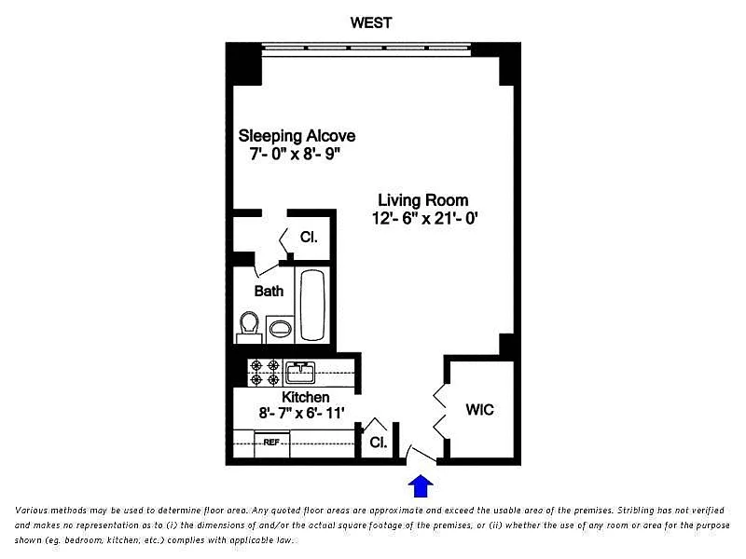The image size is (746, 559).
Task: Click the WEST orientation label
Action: tap(370, 22)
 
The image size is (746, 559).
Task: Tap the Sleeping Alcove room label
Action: tap(297, 136)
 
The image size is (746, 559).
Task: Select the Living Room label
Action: tap(423, 200)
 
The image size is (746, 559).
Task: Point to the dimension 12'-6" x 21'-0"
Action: tap(424, 219)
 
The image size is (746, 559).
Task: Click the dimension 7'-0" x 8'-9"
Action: tap(296, 154)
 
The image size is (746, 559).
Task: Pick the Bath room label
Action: tap(269, 291)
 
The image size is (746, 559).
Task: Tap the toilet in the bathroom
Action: tap(249, 327)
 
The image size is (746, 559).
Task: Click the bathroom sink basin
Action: tap(281, 329)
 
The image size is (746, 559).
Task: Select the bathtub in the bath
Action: tap(312, 305)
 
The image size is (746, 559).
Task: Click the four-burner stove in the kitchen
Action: tap(265, 373)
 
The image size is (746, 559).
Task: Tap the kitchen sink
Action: tap(299, 372)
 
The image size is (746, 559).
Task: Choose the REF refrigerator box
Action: tap(271, 443)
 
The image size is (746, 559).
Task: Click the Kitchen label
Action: tap(306, 397)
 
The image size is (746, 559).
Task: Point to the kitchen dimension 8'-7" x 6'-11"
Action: tap(301, 413)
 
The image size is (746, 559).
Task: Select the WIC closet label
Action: tap(479, 409)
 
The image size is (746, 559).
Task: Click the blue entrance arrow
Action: tap(421, 485)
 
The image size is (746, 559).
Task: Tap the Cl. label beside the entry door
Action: tap(379, 442)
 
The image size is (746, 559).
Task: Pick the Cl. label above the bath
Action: tap(309, 237)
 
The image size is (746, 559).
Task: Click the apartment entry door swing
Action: tap(421, 454)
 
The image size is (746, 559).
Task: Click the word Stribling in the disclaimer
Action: tap(637, 510)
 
